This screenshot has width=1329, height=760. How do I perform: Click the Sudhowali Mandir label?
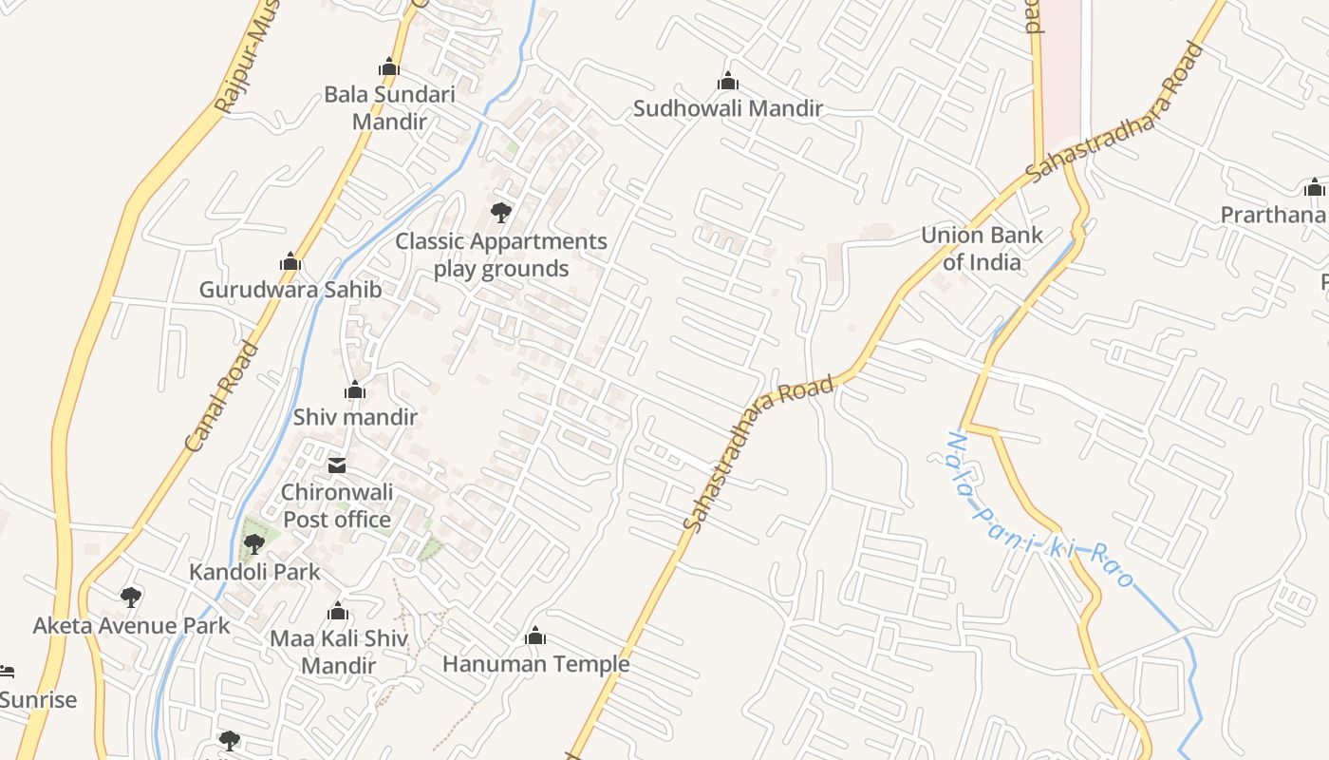tap(727, 108)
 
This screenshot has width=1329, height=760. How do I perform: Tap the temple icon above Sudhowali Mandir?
tap(728, 82)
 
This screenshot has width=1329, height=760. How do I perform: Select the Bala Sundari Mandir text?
tap(389, 107)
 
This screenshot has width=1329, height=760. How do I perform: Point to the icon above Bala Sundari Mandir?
tap(388, 67)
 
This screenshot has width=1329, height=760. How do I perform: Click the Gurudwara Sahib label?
tap(290, 290)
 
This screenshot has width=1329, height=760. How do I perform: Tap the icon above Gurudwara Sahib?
tap(290, 262)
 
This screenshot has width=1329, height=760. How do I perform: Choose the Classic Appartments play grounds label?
tap(501, 255)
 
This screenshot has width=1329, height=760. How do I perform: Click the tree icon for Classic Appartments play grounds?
tap(501, 213)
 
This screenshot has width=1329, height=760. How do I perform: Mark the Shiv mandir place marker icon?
tap(355, 390)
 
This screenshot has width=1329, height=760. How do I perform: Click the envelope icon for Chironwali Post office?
tap(337, 465)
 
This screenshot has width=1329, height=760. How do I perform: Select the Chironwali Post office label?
tap(337, 505)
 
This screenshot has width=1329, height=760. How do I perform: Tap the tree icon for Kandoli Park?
tap(253, 545)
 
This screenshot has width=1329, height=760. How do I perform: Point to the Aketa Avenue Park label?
tap(131, 625)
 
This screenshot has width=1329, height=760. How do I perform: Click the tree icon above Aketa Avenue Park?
tap(131, 598)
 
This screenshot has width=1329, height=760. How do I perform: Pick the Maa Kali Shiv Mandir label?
tap(338, 652)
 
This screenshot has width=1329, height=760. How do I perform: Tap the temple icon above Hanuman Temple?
tap(535, 636)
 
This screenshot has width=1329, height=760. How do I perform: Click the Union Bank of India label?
tap(982, 248)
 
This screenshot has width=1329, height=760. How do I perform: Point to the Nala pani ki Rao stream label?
tap(1040, 510)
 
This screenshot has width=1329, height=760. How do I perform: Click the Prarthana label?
tap(1272, 215)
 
